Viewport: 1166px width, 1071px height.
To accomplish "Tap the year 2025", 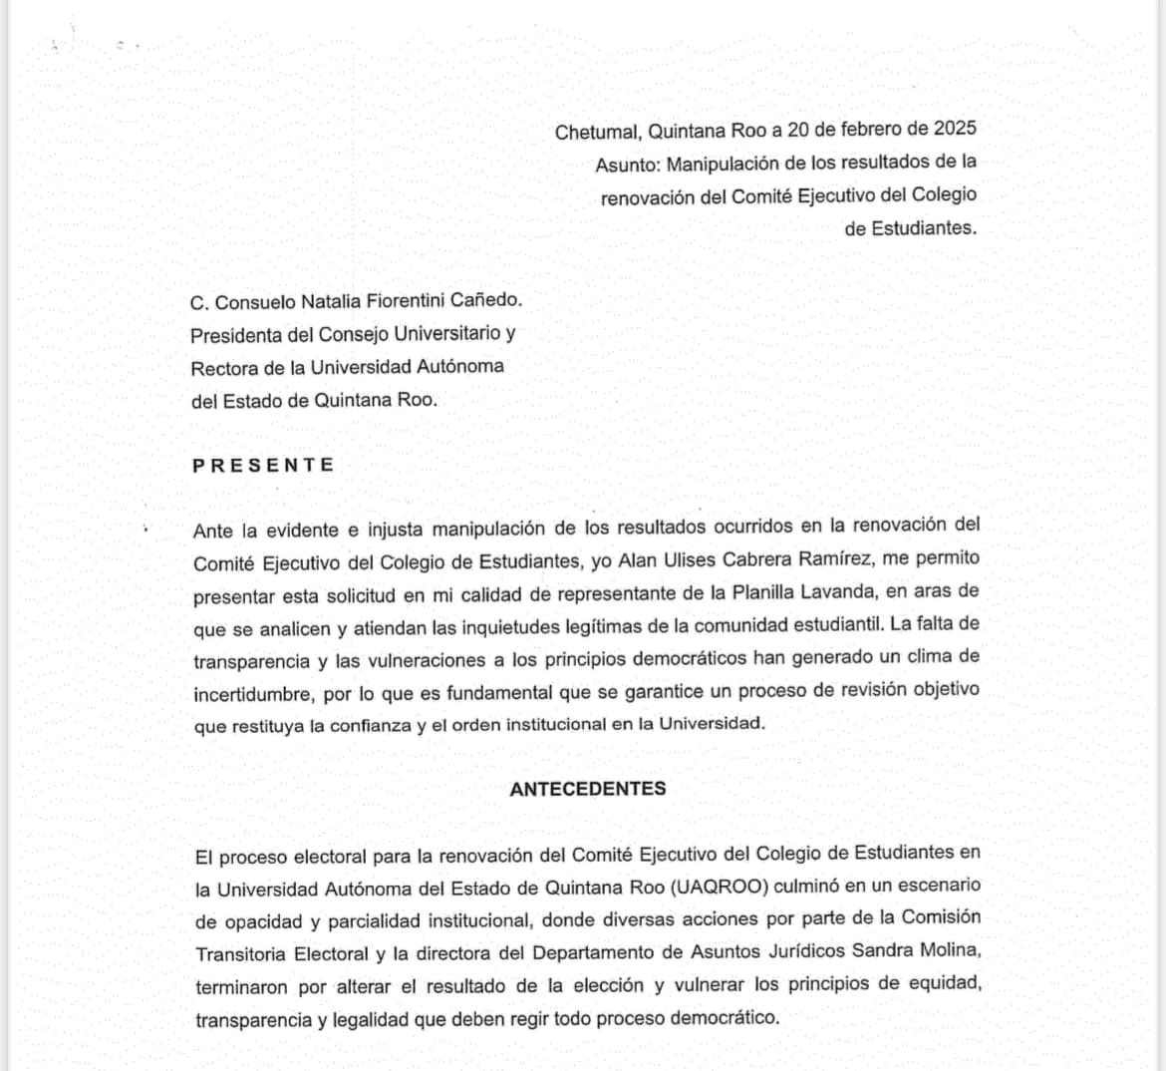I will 954,129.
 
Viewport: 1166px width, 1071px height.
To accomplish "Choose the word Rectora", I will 223,367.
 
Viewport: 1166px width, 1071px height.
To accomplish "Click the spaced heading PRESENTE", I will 263,465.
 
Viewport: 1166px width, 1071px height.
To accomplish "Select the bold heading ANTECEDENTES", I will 587,789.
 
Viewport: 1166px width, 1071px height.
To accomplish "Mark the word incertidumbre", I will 253,692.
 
